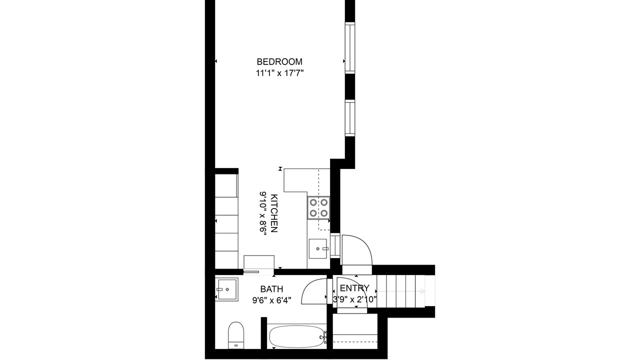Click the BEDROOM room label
pos(279,61)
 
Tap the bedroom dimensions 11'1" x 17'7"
pos(279,73)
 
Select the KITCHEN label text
pos(273,213)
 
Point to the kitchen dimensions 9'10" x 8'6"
pos(263,213)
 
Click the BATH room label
pos(271,289)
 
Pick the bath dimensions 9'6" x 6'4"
pos(271,300)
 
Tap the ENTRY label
pos(354,288)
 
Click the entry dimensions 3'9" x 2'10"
pos(355,299)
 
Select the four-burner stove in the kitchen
pos(318,207)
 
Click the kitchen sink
pos(318,248)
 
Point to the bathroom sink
pos(226,289)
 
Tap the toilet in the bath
pos(236,335)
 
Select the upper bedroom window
pos(350,48)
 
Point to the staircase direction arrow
pos(400,291)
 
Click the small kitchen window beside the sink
pos(335,246)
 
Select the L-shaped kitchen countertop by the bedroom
pos(307,180)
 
